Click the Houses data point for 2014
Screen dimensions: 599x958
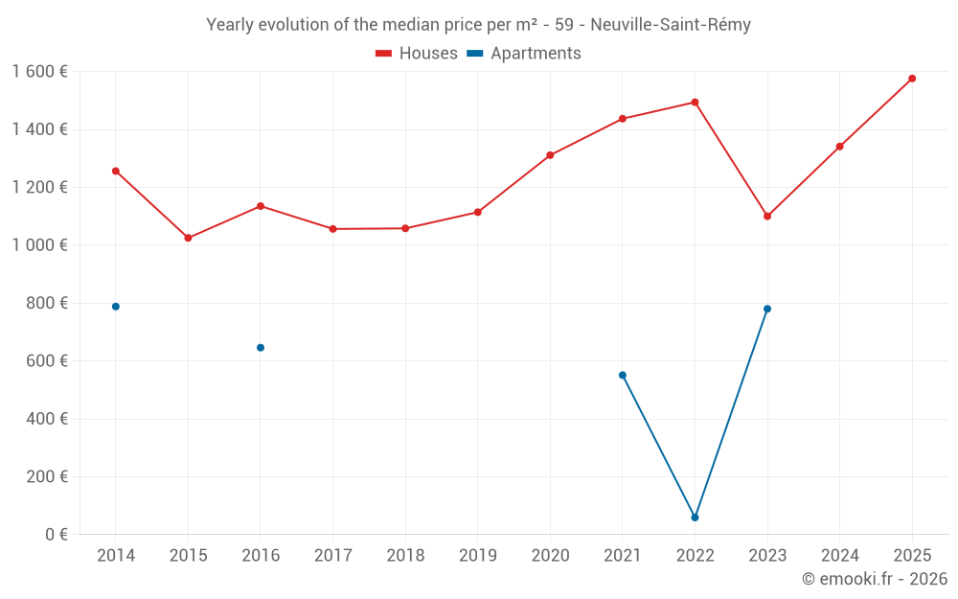pos(116,171)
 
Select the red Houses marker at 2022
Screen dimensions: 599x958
pos(695,103)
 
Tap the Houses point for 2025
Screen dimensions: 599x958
pos(912,79)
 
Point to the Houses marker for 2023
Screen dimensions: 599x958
pos(767,217)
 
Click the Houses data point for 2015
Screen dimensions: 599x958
pos(188,238)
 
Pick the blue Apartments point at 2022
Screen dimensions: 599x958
pos(695,518)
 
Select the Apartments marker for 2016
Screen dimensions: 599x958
pos(261,348)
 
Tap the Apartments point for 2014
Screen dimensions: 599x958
pos(116,307)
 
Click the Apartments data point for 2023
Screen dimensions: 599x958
pos(767,309)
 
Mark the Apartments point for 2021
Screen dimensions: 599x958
pos(623,375)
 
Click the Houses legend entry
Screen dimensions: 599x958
pos(417,54)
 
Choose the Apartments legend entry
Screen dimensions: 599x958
pos(524,54)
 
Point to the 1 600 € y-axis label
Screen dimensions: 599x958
pos(39,72)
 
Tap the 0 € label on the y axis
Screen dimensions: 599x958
pos(57,534)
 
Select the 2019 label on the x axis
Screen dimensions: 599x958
pos(477,556)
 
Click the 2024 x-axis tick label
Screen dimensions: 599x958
pos(839,556)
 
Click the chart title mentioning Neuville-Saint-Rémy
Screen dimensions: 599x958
pos(478,25)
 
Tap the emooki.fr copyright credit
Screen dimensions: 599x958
pos(875,579)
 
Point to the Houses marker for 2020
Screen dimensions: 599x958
pos(550,155)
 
